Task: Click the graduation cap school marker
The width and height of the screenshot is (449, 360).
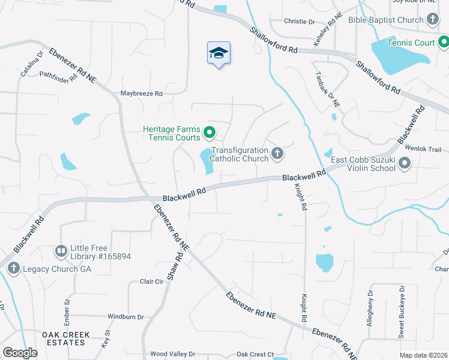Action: (x=219, y=53)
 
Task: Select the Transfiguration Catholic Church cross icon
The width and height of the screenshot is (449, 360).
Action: (x=277, y=154)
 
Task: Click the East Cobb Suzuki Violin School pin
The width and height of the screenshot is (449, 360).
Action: (x=405, y=163)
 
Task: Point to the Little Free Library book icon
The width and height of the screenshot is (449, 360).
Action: (x=61, y=250)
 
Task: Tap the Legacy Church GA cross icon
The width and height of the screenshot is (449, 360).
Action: (x=13, y=268)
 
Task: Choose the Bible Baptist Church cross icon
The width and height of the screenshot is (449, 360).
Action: (x=433, y=20)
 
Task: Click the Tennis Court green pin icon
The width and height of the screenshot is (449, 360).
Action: (x=444, y=42)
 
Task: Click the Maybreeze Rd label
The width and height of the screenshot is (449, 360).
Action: (x=142, y=94)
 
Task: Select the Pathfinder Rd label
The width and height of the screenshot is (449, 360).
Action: (x=58, y=76)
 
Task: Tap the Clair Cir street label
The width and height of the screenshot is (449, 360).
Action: (x=151, y=281)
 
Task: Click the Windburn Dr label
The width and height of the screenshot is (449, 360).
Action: (x=125, y=316)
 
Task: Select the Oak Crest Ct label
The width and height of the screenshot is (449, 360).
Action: (x=255, y=355)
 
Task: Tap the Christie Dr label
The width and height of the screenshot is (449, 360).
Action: (x=300, y=22)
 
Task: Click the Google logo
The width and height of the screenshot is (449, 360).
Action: (x=20, y=353)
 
